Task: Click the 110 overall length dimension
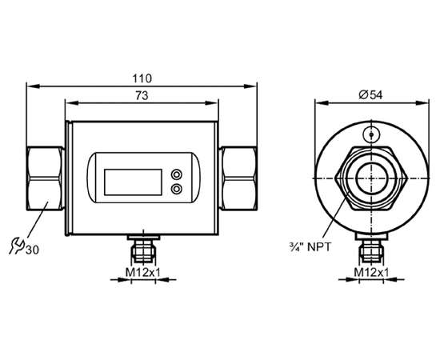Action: click(142, 78)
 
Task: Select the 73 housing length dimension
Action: click(142, 96)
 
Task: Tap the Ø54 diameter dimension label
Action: click(370, 95)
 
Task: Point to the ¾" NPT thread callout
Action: click(310, 247)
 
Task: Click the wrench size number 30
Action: click(32, 250)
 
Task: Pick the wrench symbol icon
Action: click(17, 246)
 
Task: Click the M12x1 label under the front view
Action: click(142, 272)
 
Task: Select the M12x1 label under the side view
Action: click(371, 272)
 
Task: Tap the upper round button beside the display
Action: click(176, 174)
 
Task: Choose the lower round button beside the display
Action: click(176, 189)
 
